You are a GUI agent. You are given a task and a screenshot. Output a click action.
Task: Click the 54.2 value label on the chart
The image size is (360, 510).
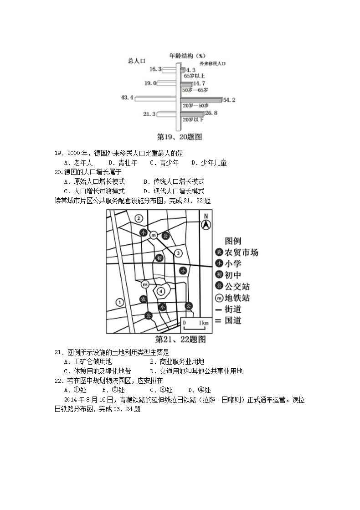230,100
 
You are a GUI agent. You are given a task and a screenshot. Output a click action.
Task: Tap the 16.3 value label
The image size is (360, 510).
155,69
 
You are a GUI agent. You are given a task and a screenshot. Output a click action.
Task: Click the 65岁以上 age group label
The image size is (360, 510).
195,76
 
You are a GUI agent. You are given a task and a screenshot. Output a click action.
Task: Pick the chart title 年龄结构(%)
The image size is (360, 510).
187,56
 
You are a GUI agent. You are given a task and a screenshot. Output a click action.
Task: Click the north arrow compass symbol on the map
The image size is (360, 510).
206,222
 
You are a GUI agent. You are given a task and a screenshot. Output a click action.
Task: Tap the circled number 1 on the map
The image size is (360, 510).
119,302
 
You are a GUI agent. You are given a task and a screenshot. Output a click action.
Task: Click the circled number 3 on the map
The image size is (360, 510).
179,253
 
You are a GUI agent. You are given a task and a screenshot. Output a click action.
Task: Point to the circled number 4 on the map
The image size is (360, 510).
160,291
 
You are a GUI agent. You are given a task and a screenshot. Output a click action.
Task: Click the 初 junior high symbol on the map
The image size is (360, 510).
159,258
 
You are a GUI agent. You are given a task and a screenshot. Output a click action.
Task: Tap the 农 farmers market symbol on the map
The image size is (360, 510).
143,299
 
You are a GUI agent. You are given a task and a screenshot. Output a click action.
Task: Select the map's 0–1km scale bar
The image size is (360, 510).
195,323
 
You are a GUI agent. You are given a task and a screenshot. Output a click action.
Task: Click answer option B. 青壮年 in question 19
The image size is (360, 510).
117,163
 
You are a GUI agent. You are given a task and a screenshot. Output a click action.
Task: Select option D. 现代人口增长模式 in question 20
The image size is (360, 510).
174,191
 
